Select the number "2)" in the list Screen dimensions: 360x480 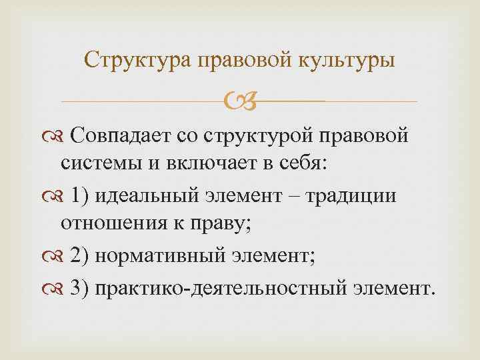pyautogui.click(x=82, y=255)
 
